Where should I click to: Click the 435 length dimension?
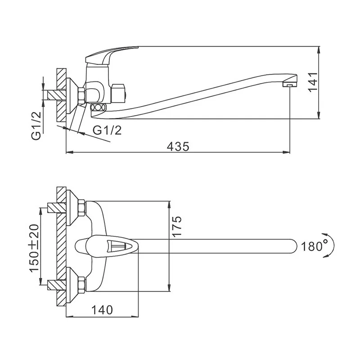[x=178, y=147]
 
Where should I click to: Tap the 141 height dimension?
[x=313, y=82]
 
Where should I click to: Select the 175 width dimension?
[x=177, y=226]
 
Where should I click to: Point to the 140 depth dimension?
[x=102, y=310]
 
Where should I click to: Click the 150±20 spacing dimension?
[x=34, y=248]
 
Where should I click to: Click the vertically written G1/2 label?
[x=36, y=126]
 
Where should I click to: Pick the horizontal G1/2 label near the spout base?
[x=107, y=130]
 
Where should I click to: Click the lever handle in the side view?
[x=110, y=55]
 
